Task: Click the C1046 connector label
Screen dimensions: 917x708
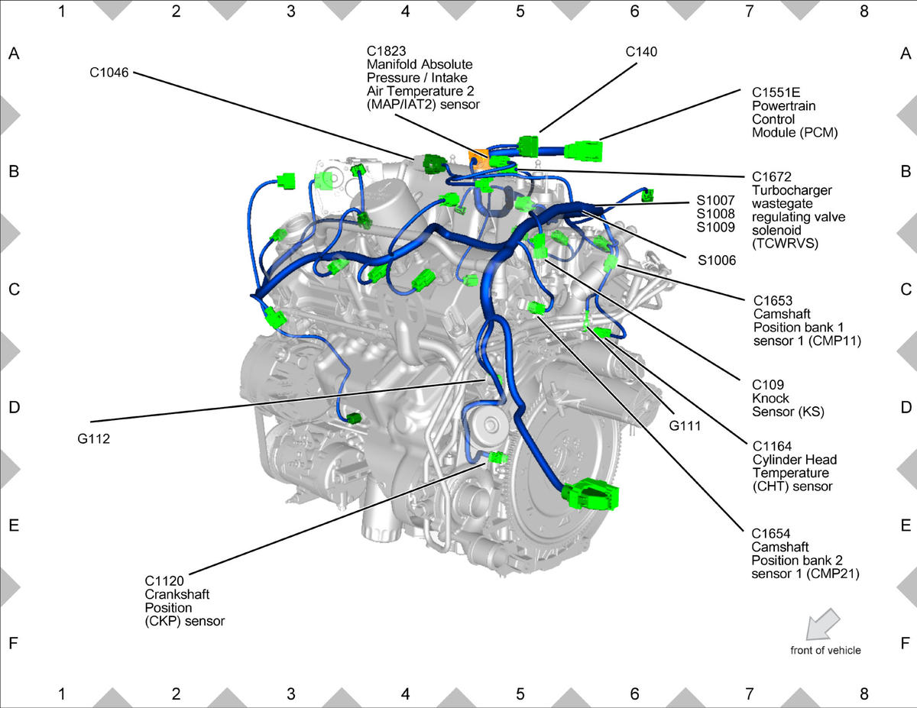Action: (109, 73)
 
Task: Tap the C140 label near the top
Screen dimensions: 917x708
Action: (641, 52)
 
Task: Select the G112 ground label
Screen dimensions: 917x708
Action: (94, 439)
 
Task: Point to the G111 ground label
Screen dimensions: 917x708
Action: (685, 426)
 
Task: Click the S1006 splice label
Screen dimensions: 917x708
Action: (717, 260)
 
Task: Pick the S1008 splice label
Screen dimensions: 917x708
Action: (715, 214)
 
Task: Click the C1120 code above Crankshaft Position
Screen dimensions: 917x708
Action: (164, 581)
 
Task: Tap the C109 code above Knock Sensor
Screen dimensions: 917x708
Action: (768, 385)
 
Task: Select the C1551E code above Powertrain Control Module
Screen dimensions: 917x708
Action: (776, 92)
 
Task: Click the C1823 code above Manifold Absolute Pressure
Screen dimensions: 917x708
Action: (386, 51)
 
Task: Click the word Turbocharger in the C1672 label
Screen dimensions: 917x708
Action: (792, 190)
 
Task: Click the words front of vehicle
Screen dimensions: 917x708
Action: (825, 650)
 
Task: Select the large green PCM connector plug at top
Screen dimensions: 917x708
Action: (584, 151)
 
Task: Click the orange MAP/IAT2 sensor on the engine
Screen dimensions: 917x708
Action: (478, 160)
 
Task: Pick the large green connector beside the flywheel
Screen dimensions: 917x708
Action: (591, 495)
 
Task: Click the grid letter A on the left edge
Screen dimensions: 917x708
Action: (14, 53)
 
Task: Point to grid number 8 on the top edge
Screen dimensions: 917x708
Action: (864, 11)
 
